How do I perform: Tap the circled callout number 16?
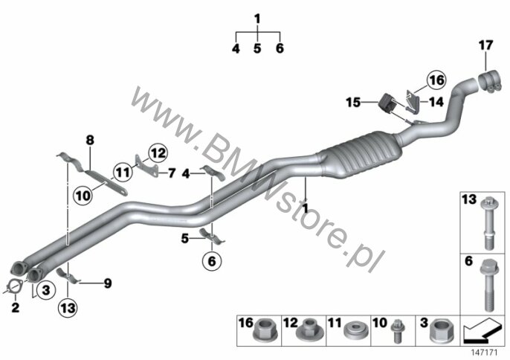tap(436, 80)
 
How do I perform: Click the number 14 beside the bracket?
tap(436, 102)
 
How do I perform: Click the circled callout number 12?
tap(158, 153)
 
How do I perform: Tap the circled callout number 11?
tap(123, 172)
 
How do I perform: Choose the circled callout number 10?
tap(83, 196)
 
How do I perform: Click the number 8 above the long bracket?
tap(90, 141)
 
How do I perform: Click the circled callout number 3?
tap(46, 289)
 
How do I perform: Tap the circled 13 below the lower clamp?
tap(68, 308)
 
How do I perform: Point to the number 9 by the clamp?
tap(107, 283)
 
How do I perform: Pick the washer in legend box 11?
tap(356, 331)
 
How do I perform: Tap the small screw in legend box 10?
tap(398, 331)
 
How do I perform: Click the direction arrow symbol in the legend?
tap(482, 332)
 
